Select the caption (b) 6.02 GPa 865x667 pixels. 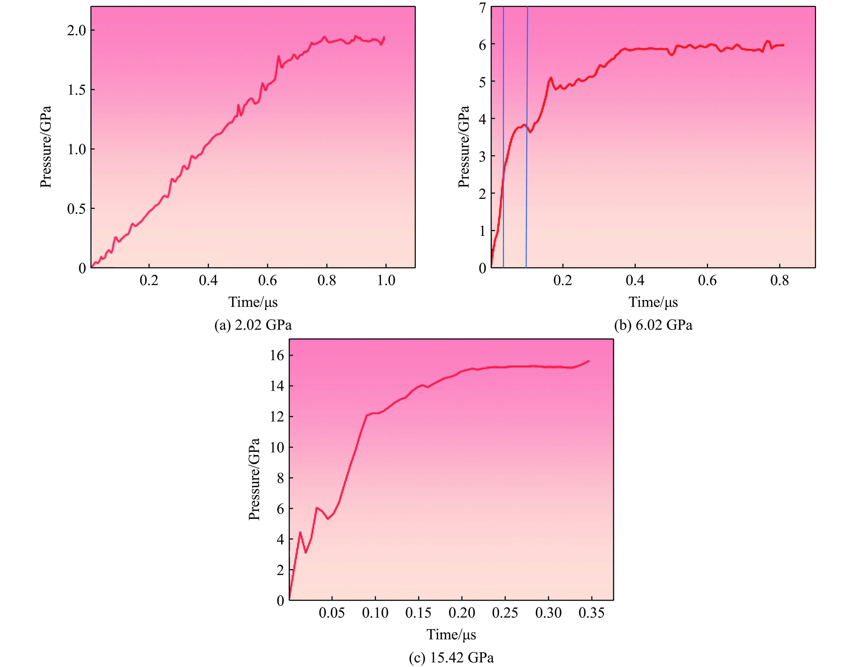coord(653,325)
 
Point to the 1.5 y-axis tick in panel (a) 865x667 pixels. coord(76,90)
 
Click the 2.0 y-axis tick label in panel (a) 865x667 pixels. coord(76,30)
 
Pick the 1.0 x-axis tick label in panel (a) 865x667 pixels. coord(386,281)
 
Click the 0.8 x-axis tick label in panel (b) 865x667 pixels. coord(779,281)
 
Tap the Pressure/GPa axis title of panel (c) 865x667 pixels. coord(254,479)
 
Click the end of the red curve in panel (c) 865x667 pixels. coord(589,361)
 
